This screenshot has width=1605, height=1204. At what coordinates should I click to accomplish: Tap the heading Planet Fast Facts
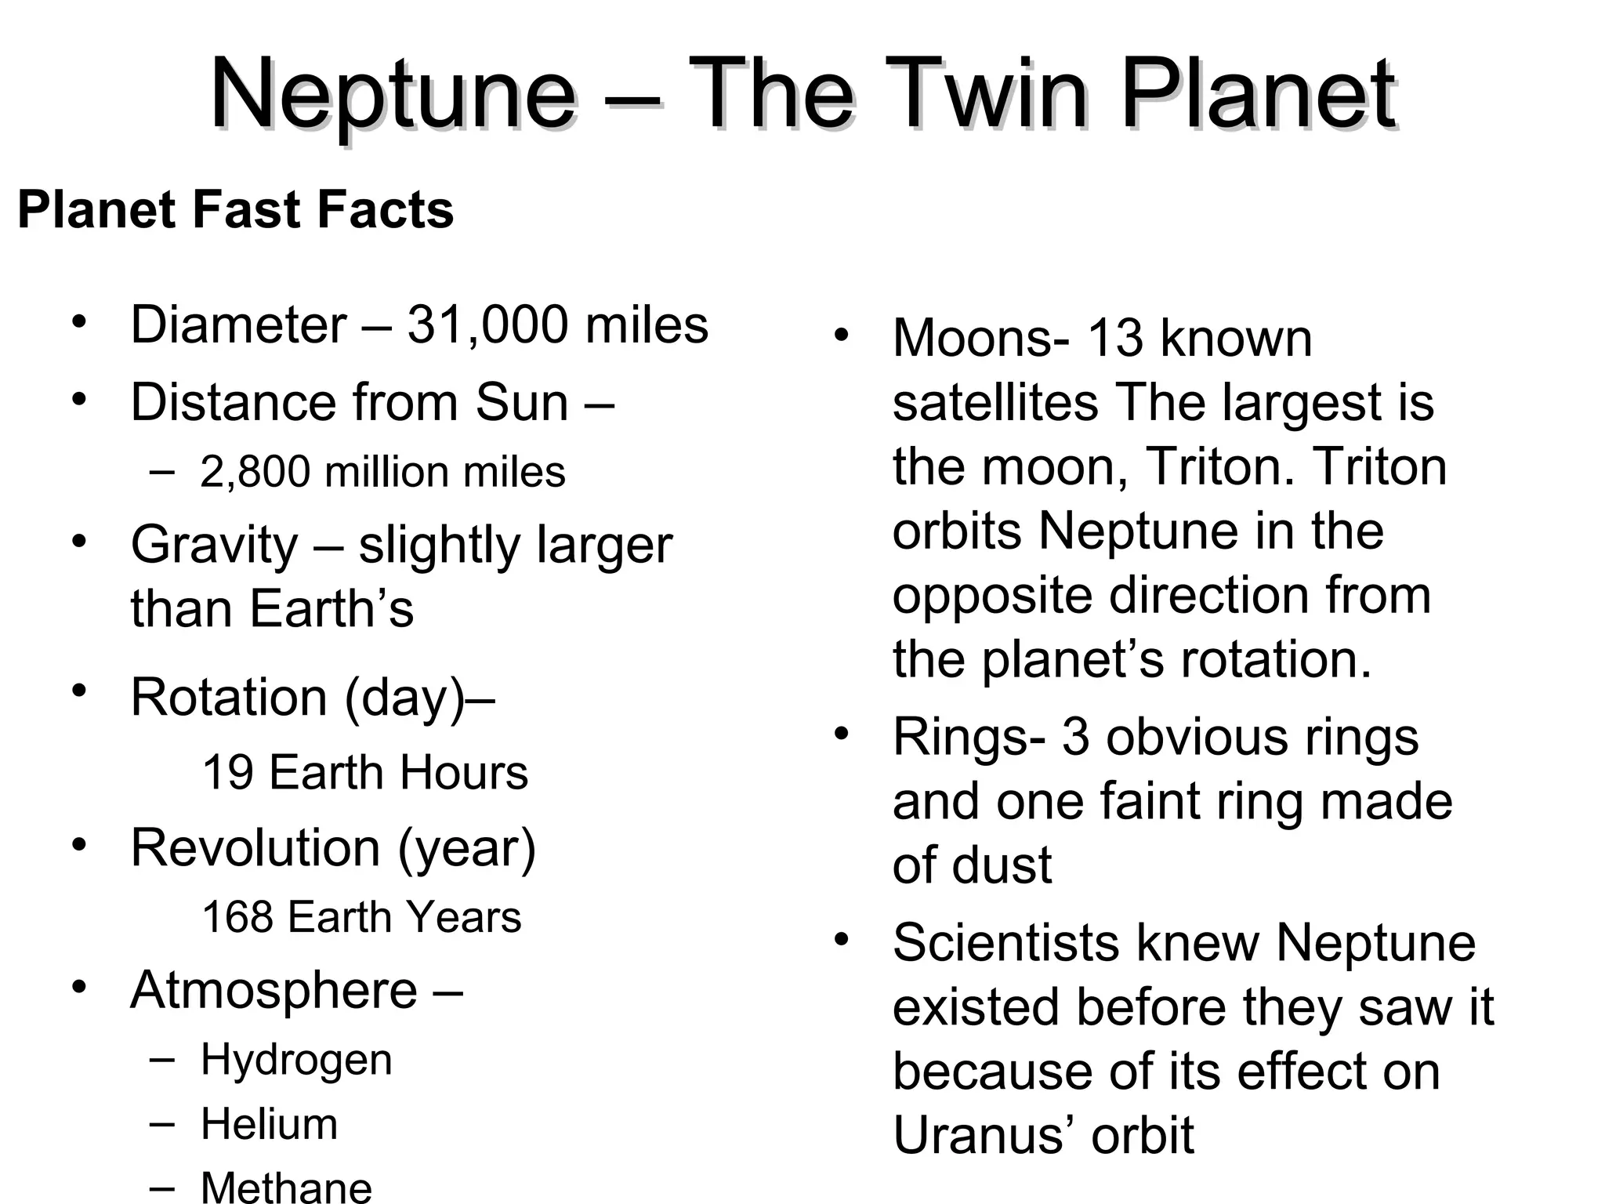pyautogui.click(x=235, y=210)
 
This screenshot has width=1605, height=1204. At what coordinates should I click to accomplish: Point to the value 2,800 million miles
pyautogui.click(x=382, y=472)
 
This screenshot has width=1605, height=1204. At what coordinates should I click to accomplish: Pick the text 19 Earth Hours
pyautogui.click(x=365, y=773)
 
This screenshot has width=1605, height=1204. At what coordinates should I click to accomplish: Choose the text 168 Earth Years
pyautogui.click(x=361, y=917)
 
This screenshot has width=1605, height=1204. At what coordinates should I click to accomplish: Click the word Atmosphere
pyautogui.click(x=274, y=991)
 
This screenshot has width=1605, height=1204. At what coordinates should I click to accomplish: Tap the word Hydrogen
pyautogui.click(x=296, y=1060)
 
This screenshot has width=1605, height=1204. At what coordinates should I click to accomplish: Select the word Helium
pyautogui.click(x=269, y=1124)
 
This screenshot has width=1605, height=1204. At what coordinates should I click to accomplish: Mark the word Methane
pyautogui.click(x=286, y=1187)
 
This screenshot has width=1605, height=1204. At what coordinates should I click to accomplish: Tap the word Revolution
pyautogui.click(x=255, y=848)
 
